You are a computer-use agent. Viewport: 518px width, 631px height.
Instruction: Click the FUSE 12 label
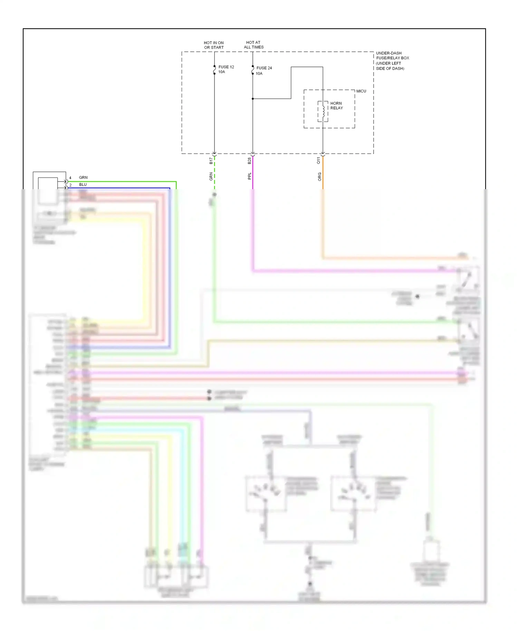[226, 67]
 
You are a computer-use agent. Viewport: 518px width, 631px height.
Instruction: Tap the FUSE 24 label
[264, 68]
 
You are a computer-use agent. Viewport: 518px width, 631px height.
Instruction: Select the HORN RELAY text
[336, 106]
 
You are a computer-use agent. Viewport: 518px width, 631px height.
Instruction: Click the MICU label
[361, 91]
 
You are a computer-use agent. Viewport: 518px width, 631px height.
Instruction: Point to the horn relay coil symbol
[323, 111]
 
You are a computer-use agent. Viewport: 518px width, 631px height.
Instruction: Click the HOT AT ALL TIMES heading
[253, 45]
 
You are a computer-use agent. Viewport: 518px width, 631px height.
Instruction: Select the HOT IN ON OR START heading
[214, 45]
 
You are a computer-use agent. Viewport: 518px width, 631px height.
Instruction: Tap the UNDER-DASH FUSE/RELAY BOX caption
[392, 61]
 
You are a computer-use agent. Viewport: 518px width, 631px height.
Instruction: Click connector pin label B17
[211, 161]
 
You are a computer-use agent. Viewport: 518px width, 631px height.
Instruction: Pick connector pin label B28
[249, 161]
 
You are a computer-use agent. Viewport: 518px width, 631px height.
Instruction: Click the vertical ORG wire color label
[319, 177]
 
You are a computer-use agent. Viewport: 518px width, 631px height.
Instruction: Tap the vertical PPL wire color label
[249, 176]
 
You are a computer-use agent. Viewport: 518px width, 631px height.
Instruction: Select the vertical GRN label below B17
[211, 177]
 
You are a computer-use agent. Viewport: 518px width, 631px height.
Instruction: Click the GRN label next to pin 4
[83, 177]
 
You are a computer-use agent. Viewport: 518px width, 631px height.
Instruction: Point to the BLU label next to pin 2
[83, 185]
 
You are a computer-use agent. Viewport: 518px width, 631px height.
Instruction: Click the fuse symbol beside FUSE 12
[214, 69]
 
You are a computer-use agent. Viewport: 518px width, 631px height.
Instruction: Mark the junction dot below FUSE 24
[253, 99]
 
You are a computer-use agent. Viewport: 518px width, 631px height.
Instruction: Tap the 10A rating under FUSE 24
[259, 74]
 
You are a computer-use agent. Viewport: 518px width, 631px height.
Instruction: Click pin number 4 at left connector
[70, 178]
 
